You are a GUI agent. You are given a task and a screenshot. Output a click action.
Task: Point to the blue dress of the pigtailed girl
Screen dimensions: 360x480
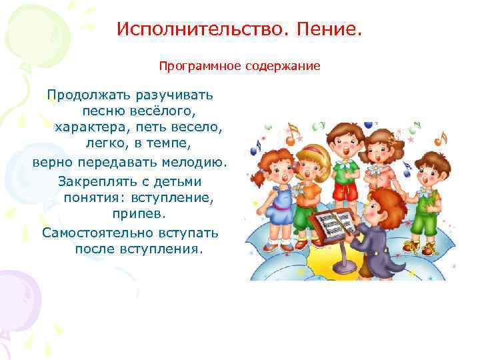coord(277,203)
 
